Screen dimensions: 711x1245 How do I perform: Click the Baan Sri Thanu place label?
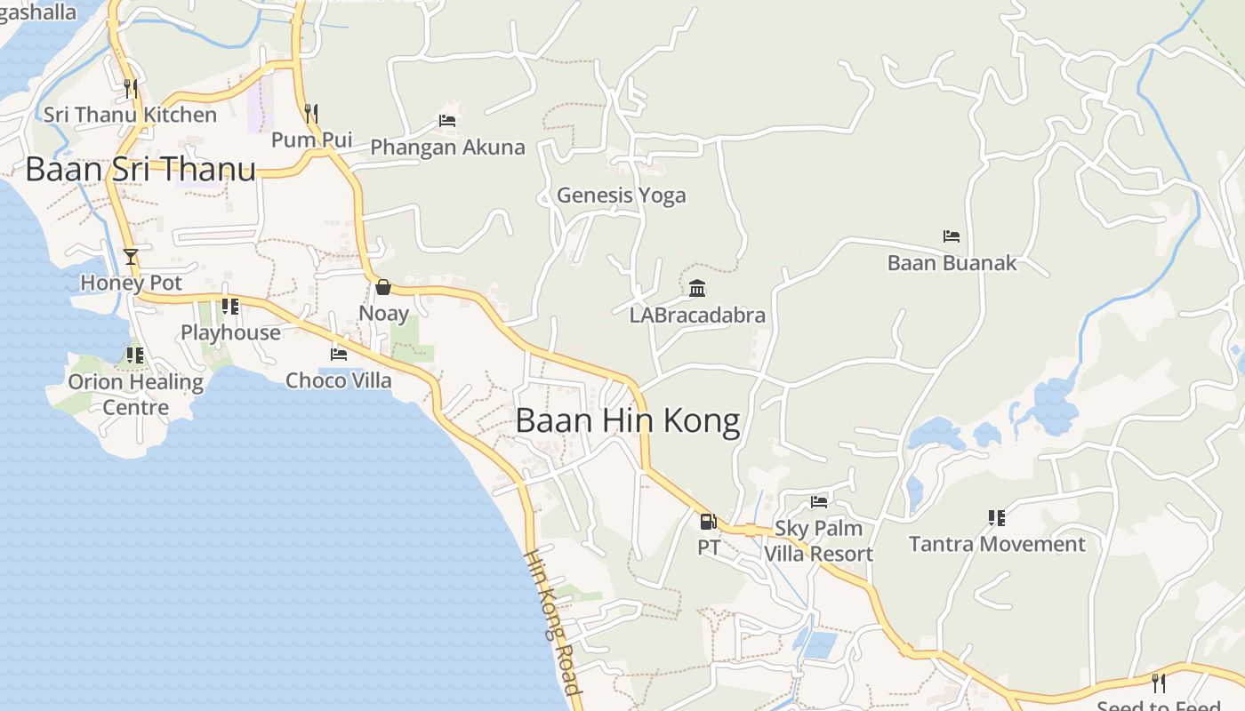point(141,169)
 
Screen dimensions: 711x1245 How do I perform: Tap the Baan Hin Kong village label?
point(627,420)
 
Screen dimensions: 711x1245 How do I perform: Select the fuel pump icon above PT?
point(708,522)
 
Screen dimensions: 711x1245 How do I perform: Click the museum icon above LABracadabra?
point(697,289)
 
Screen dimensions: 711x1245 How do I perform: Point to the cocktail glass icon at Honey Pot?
point(131,257)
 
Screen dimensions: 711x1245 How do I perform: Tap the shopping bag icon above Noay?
point(383,287)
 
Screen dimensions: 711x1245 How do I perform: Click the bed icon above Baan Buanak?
point(952,236)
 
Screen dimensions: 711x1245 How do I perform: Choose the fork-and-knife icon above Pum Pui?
point(311,113)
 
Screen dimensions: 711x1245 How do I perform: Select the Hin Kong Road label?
point(552,622)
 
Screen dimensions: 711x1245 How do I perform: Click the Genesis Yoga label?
point(621,195)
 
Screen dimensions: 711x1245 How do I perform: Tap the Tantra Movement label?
point(997,544)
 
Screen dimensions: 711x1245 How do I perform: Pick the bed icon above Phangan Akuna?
point(447,121)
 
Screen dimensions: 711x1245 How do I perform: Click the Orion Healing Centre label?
point(136,395)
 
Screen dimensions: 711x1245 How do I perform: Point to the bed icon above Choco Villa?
point(339,354)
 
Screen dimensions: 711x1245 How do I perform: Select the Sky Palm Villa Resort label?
point(819,540)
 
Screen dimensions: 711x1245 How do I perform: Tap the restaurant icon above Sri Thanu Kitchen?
point(131,88)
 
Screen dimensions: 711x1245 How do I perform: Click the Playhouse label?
point(230,332)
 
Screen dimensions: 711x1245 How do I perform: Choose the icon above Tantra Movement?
point(997,517)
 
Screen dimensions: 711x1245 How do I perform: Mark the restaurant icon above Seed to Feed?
point(1159,683)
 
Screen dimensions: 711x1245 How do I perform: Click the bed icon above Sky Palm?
point(819,502)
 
